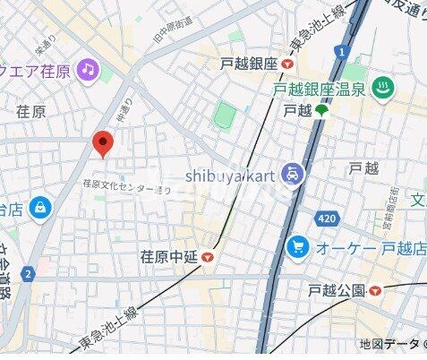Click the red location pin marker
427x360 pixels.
pos(104,142)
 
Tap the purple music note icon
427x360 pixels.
pos(87,68)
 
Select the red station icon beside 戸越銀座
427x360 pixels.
pos(286,64)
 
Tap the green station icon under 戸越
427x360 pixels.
pos(320,111)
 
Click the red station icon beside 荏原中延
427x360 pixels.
pos(208,258)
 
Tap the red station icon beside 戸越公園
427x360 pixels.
pos(375,290)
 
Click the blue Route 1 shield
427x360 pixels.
pos(343,53)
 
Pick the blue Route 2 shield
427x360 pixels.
pos(30,273)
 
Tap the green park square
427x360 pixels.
pos(226,115)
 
